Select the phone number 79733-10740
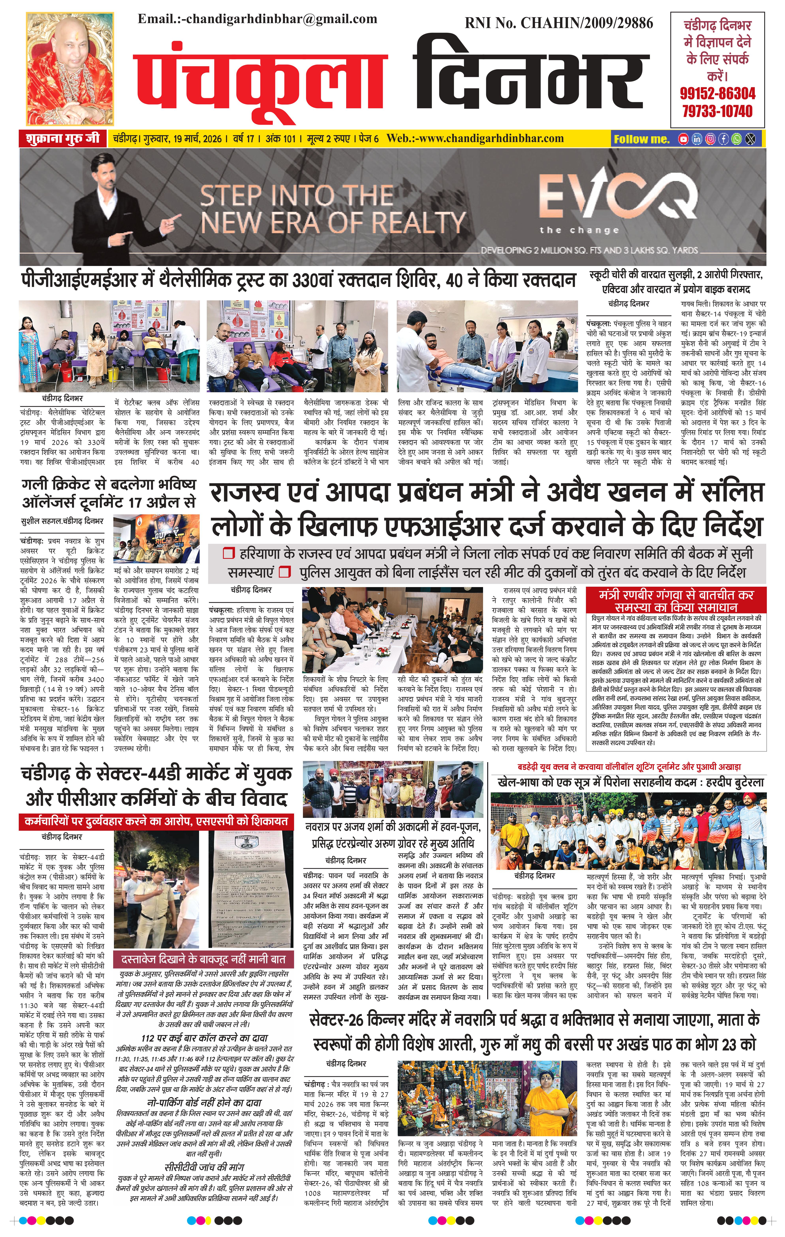click(718, 111)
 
